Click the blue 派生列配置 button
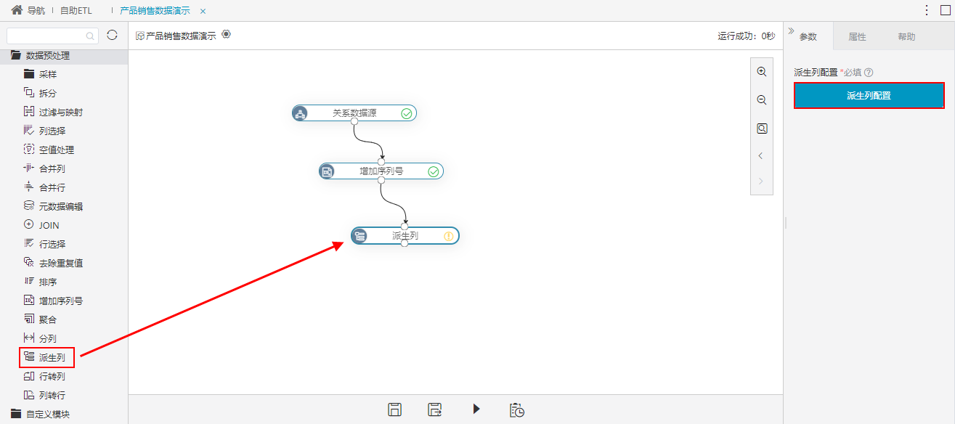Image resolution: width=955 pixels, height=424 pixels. click(869, 95)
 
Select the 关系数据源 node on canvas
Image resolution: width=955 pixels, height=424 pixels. click(354, 113)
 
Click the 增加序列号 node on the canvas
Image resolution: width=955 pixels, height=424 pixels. click(381, 171)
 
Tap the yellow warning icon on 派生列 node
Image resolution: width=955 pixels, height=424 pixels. click(449, 236)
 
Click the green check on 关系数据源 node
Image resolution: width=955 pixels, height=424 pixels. click(406, 113)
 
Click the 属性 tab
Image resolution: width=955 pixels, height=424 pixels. click(857, 36)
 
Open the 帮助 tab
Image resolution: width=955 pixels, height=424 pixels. click(906, 36)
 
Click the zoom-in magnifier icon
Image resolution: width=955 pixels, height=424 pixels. click(762, 72)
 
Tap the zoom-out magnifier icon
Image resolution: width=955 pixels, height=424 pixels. click(762, 100)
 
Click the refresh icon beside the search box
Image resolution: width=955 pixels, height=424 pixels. click(112, 35)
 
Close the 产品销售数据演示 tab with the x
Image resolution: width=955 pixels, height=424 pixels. click(203, 11)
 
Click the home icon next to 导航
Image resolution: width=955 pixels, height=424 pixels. click(17, 9)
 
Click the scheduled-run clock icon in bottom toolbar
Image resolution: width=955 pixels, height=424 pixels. click(517, 410)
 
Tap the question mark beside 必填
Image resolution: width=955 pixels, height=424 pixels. click(869, 73)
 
